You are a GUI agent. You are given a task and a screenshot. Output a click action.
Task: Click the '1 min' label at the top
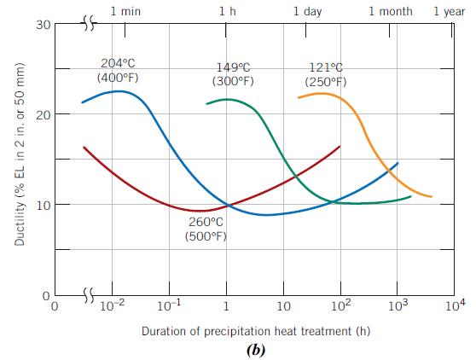(126, 11)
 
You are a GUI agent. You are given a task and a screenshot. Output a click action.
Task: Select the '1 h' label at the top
(228, 11)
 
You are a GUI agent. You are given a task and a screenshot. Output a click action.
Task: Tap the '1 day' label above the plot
(308, 11)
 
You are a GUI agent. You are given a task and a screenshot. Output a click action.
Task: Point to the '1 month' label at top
(391, 11)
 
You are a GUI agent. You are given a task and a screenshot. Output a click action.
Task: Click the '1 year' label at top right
(449, 11)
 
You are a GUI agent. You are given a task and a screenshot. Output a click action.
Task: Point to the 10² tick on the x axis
(341, 305)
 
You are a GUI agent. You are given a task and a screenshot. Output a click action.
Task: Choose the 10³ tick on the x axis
(398, 305)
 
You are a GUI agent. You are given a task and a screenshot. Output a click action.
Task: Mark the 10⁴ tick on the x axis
(456, 305)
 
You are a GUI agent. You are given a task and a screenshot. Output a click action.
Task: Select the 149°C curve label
(232, 67)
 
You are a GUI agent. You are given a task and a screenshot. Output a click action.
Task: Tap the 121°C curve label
(326, 67)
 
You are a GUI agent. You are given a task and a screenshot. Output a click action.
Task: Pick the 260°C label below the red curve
(206, 223)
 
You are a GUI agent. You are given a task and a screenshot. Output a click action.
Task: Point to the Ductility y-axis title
(18, 159)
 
